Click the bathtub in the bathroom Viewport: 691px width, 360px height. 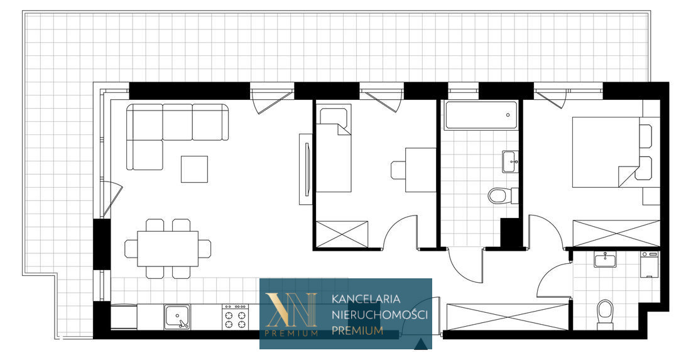pyautogui.click(x=481, y=116)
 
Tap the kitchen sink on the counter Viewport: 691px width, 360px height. pyautogui.click(x=177, y=317)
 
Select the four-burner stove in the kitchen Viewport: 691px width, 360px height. pyautogui.click(x=235, y=317)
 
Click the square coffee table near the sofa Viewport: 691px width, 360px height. pyautogui.click(x=194, y=169)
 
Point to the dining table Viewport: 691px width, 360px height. pyautogui.click(x=168, y=249)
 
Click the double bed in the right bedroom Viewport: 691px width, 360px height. pyautogui.click(x=606, y=152)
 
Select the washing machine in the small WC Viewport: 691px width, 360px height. pyautogui.click(x=649, y=265)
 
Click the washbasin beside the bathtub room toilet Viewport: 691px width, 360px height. pyautogui.click(x=510, y=161)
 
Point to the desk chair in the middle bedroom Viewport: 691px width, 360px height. pyautogui.click(x=398, y=170)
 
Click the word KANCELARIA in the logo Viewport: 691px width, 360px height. pyautogui.click(x=366, y=299)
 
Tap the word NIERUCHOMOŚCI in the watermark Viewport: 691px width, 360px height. pyautogui.click(x=379, y=315)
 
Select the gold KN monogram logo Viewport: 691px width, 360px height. pyautogui.click(x=290, y=310)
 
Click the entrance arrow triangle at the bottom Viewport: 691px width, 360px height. pyautogui.click(x=421, y=344)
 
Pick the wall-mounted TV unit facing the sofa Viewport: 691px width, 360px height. pyautogui.click(x=306, y=169)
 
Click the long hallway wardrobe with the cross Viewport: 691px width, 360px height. pyautogui.click(x=508, y=317)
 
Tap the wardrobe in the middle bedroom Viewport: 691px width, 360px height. pyautogui.click(x=342, y=234)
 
